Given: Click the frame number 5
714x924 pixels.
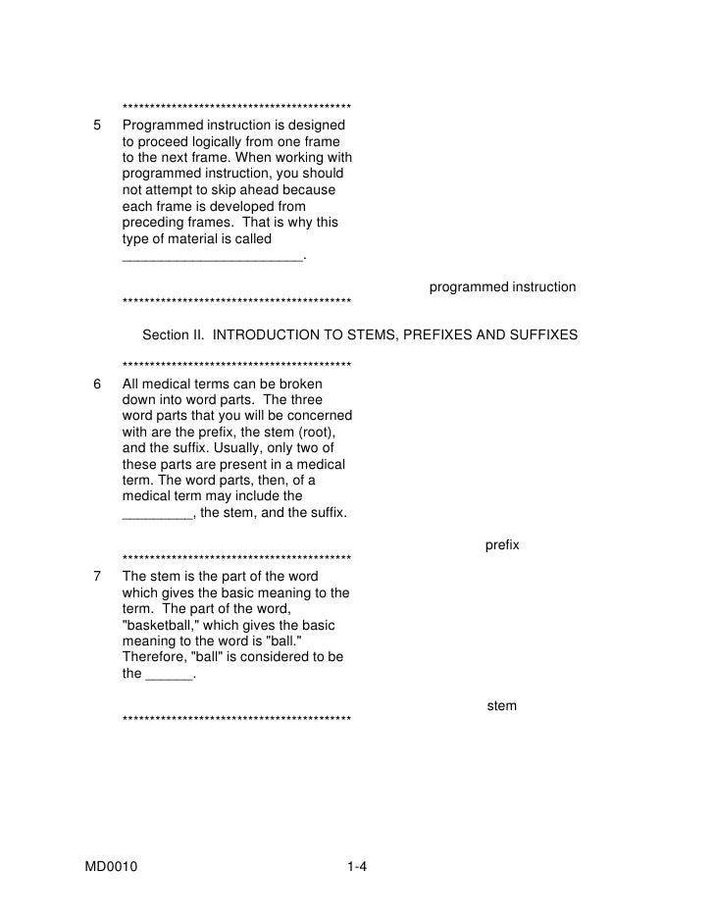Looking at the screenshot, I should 96,126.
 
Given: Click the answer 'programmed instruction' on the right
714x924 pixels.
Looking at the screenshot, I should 502,287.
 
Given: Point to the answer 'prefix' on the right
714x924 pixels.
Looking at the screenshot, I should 502,544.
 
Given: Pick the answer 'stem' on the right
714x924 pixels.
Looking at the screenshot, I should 502,705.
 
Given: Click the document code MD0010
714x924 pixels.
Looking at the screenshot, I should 111,867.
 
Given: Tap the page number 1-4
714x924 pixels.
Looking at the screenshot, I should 356,867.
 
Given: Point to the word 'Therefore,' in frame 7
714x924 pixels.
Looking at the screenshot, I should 154,657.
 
